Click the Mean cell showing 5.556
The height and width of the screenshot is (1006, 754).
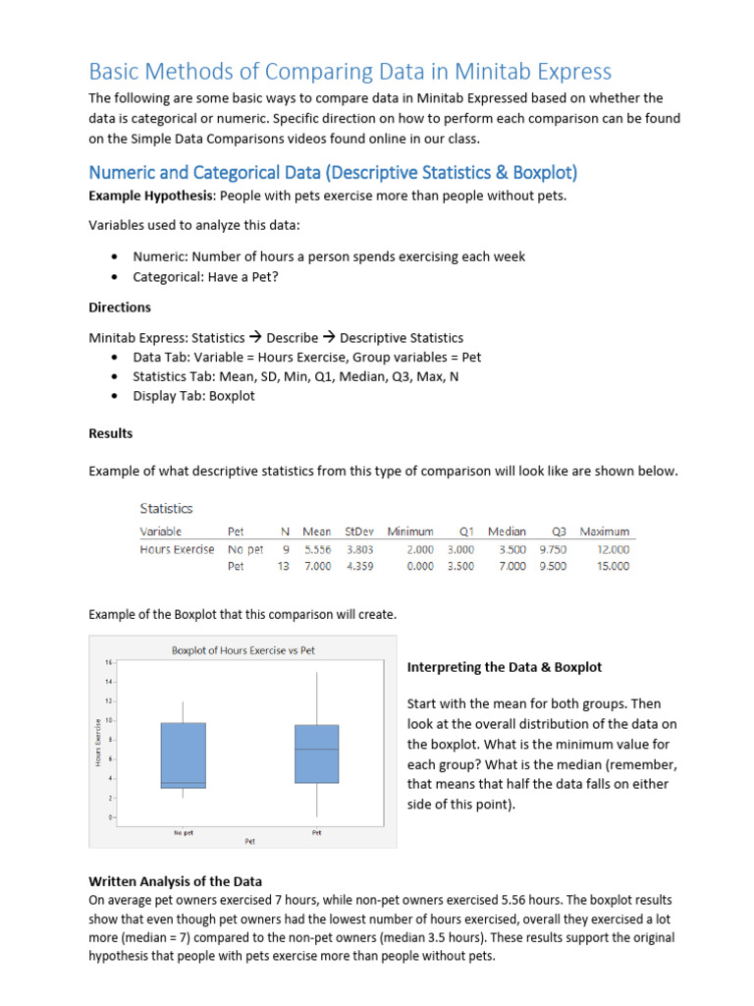[317, 550]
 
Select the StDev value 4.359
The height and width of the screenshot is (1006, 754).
[359, 567]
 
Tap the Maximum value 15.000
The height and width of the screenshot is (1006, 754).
[613, 567]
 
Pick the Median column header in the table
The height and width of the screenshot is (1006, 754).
[507, 531]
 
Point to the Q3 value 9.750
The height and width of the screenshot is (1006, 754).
[553, 550]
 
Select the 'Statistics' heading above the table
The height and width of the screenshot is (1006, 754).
[166, 509]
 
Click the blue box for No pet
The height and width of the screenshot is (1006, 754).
[184, 754]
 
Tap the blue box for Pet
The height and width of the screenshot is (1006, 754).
[316, 754]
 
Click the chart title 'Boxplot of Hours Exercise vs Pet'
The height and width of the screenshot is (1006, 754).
[243, 650]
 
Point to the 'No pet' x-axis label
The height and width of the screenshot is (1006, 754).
[184, 833]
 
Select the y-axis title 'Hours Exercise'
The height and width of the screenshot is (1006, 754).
[98, 743]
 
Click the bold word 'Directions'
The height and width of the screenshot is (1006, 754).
[120, 307]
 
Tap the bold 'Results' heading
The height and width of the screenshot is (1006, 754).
[111, 433]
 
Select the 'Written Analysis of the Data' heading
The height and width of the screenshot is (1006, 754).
[176, 881]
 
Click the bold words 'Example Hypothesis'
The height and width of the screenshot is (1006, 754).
[143, 195]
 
